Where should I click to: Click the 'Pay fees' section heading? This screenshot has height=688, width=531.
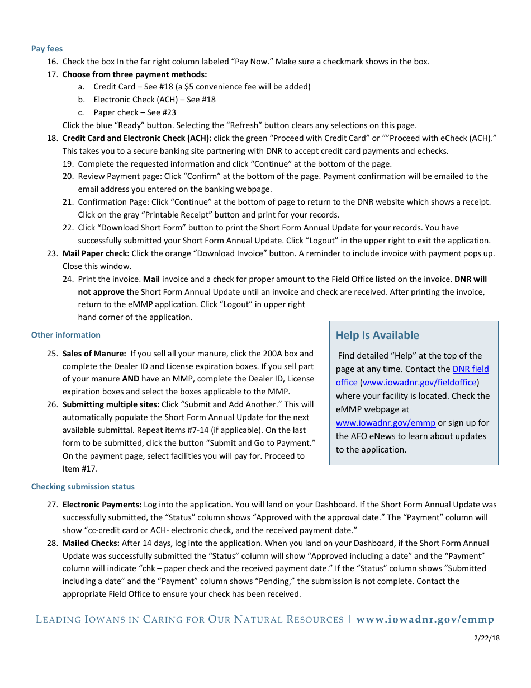[x=47, y=49]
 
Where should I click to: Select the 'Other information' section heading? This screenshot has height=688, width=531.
[x=65, y=335]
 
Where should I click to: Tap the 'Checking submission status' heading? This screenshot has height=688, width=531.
[x=83, y=487]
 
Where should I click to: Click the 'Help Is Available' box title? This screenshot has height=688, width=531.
[x=377, y=335]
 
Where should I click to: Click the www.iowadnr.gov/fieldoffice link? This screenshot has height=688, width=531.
[x=420, y=383]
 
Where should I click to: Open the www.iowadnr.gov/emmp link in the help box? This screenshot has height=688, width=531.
[x=385, y=423]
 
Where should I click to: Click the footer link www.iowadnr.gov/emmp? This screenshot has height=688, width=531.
[x=425, y=619]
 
